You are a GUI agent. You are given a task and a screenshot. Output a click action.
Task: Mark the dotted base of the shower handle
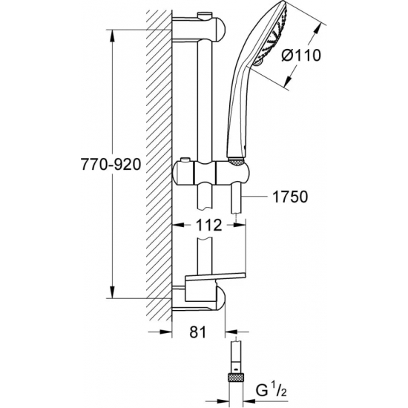pyautogui.click(x=235, y=159)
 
